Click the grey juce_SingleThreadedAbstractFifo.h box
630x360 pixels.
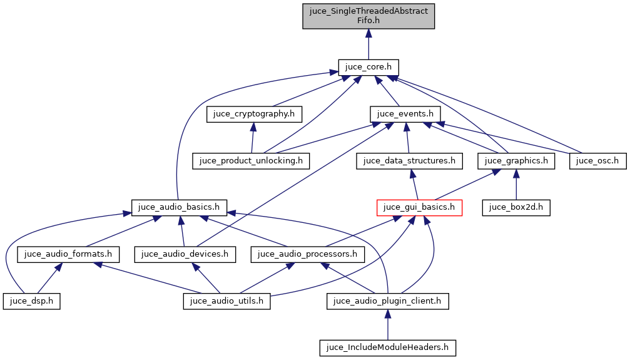(x=368, y=16)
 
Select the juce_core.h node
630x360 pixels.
(x=368, y=67)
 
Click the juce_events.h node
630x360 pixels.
(x=405, y=114)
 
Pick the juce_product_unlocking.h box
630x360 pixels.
(x=251, y=160)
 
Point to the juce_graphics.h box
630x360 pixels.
(x=516, y=160)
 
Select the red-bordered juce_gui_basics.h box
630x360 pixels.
(x=419, y=207)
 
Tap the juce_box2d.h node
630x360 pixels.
(x=516, y=207)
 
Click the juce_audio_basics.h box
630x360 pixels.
(x=179, y=207)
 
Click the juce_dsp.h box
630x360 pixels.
(x=32, y=301)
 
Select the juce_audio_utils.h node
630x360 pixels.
(x=226, y=301)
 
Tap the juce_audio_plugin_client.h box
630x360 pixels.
(x=388, y=301)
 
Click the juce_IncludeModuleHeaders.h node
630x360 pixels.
(x=388, y=347)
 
